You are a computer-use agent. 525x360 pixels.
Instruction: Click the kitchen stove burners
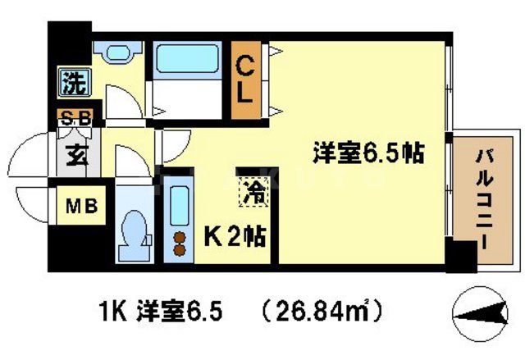coord(178,244)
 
